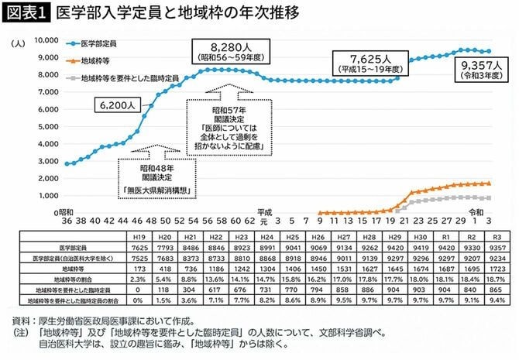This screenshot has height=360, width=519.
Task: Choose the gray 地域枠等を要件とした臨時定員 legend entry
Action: tap(124, 77)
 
